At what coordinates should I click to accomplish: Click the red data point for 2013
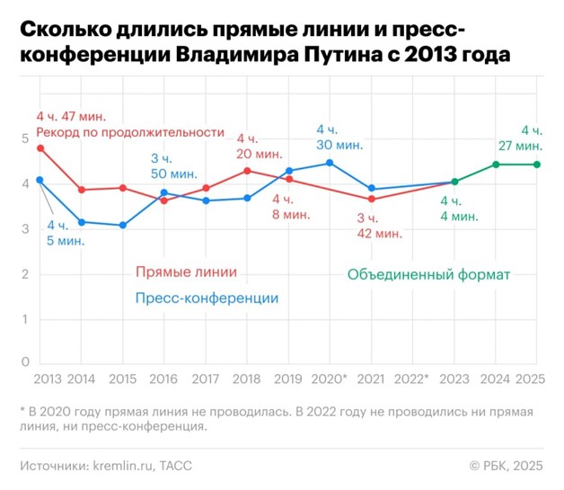(40, 147)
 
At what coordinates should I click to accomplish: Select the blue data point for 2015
(123, 225)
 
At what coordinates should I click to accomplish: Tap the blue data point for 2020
(330, 163)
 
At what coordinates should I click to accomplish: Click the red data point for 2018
(247, 171)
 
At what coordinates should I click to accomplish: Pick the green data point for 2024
(496, 165)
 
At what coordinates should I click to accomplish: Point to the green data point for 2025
(537, 165)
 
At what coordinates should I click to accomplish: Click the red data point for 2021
(372, 199)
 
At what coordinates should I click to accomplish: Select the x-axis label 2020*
(330, 379)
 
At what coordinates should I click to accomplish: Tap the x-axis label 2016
(163, 379)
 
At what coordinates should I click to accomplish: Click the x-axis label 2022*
(412, 379)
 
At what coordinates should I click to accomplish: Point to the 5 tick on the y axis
(25, 138)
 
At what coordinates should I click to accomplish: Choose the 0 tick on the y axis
(25, 361)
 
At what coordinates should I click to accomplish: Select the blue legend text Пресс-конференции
(207, 298)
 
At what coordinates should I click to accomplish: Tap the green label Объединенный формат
(428, 274)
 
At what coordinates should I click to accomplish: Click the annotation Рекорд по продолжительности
(129, 132)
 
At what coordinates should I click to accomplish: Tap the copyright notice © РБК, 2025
(507, 466)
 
